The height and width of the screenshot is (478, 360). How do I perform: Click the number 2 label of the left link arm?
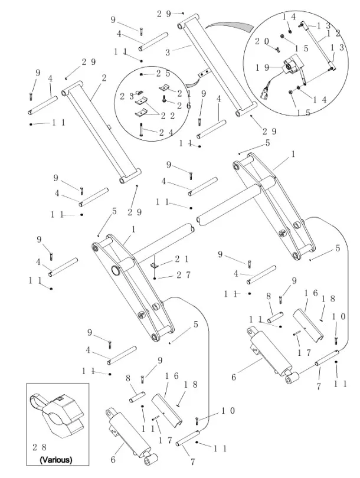click(104, 77)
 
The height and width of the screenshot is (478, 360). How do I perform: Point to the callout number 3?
click(168, 52)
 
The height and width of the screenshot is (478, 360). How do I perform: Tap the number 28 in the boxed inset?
click(40, 448)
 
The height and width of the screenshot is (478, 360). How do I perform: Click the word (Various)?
click(56, 459)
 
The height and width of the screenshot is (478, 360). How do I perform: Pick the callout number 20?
click(262, 41)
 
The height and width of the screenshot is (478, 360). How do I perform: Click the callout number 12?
click(335, 34)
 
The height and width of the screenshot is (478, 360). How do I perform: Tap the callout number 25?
click(163, 74)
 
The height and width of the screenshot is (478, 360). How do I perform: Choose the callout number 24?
click(166, 132)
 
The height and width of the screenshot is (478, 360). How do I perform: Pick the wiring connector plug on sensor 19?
click(263, 91)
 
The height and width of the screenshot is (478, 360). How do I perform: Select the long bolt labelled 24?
click(142, 130)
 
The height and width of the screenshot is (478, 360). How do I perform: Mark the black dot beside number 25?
click(142, 75)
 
